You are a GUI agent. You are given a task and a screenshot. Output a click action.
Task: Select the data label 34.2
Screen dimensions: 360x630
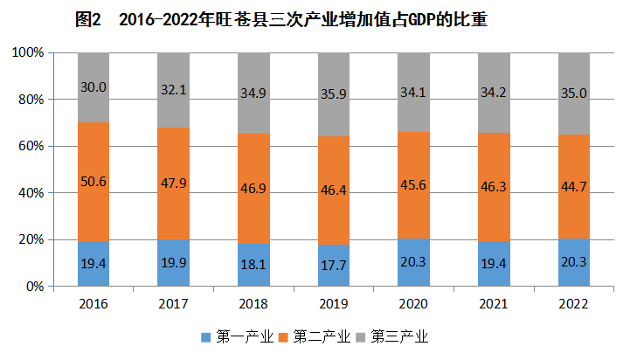click(x=494, y=87)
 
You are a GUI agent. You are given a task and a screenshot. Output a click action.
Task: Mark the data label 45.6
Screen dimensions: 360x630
click(x=414, y=183)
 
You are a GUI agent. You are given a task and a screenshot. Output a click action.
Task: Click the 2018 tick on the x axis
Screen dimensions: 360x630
click(x=253, y=302)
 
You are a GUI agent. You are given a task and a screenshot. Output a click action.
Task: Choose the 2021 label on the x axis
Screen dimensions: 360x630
click(x=494, y=302)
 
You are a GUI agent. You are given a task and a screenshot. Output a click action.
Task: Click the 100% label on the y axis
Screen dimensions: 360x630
click(x=28, y=52)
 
